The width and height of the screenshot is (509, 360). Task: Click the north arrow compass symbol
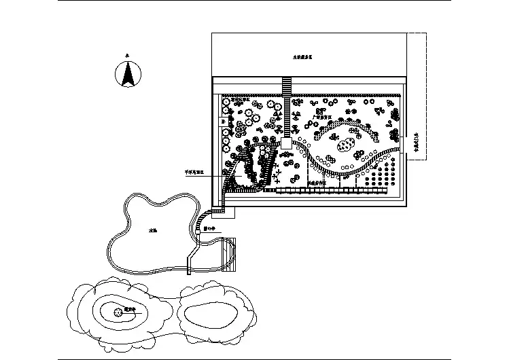(x=126, y=74)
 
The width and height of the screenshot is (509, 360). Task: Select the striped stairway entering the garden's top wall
(x=287, y=86)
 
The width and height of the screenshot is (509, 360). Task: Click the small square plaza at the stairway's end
(x=286, y=144)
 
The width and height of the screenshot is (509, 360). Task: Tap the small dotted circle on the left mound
(x=118, y=312)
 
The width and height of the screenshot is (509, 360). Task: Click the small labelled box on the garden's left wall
(x=224, y=122)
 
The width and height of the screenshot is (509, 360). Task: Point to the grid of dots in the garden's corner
(x=381, y=173)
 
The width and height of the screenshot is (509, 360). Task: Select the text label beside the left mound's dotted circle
(x=130, y=309)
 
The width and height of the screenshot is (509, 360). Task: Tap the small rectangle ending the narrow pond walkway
(x=230, y=213)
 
